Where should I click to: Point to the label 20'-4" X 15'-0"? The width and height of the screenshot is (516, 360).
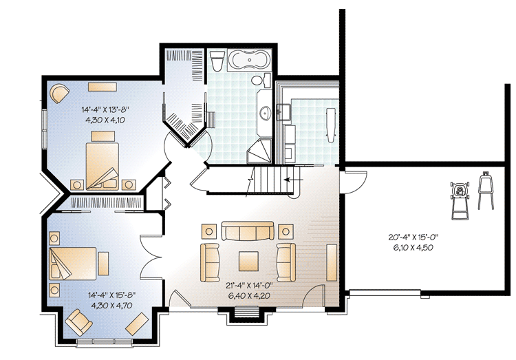413,238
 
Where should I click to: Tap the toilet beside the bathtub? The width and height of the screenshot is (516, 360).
217,61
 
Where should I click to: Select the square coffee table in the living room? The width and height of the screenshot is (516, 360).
248,260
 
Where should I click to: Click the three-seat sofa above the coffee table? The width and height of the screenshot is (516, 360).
247,232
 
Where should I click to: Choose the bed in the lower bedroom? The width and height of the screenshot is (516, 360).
73,261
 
